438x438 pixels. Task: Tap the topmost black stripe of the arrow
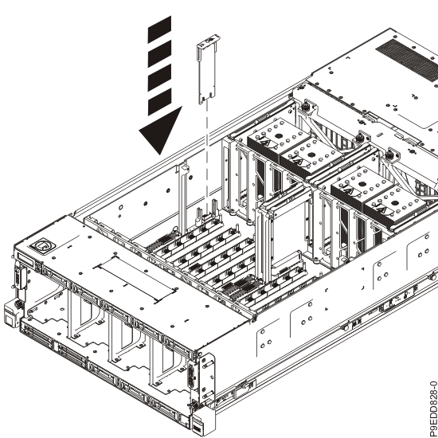click(159, 29)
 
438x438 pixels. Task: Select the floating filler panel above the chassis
click(208, 69)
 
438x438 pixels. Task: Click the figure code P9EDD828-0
click(432, 409)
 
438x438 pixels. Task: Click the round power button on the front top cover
click(42, 246)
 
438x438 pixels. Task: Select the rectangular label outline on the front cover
click(136, 279)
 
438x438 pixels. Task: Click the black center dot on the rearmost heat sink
click(279, 136)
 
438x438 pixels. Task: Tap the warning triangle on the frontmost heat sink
click(381, 209)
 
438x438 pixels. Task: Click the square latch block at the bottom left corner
click(10, 315)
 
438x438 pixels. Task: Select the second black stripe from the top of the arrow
click(159, 53)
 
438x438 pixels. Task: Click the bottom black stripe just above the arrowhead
click(159, 102)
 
